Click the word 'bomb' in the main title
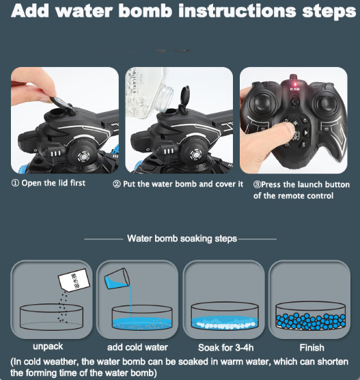tap(146, 11)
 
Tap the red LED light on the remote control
tap(295, 84)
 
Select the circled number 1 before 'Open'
tap(15, 183)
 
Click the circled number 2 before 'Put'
tap(117, 184)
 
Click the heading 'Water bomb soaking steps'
tap(182, 239)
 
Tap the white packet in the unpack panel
tap(74, 279)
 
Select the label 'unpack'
tap(48, 347)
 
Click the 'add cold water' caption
tap(137, 347)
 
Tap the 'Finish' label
tap(311, 348)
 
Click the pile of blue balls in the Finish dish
tap(311, 321)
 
